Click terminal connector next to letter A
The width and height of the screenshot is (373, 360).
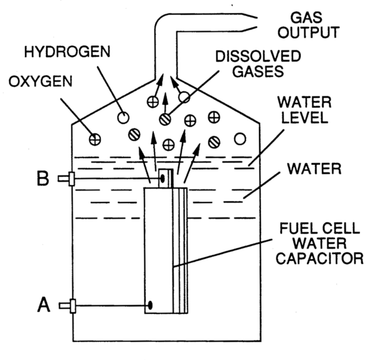click(x=67, y=305)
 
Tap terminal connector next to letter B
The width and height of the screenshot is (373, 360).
click(x=67, y=179)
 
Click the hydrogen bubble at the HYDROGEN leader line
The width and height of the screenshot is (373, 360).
click(x=124, y=116)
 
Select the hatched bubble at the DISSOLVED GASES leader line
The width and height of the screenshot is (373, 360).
click(x=164, y=117)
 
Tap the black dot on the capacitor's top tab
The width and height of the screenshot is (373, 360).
click(x=163, y=179)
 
